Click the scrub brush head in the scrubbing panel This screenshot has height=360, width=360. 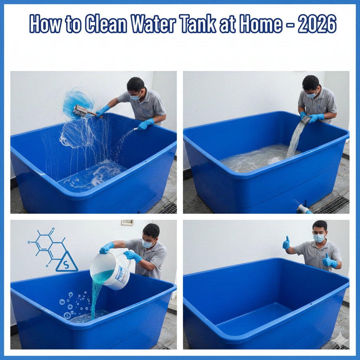click(x=81, y=111)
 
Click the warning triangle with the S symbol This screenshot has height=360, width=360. click(x=67, y=263)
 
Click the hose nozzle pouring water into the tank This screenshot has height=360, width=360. click(x=305, y=121)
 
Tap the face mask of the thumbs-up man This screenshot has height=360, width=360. click(x=319, y=238)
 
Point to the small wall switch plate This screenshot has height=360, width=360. click(x=127, y=223)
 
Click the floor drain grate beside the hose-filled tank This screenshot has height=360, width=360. click(x=332, y=205)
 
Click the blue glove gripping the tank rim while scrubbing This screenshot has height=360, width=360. click(x=146, y=124)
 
